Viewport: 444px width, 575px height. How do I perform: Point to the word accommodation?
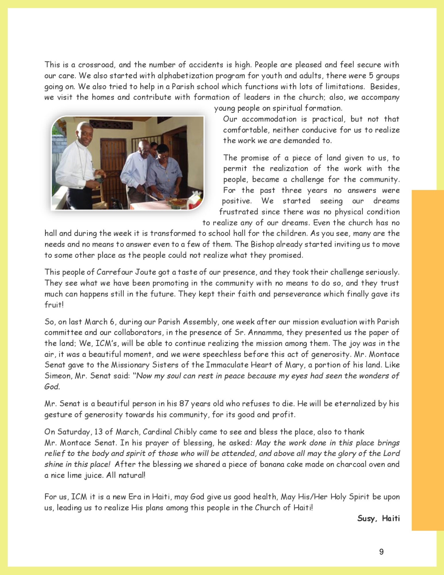269,119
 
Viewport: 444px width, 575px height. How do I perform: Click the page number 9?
381,552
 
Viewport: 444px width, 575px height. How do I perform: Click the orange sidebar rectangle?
428,359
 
